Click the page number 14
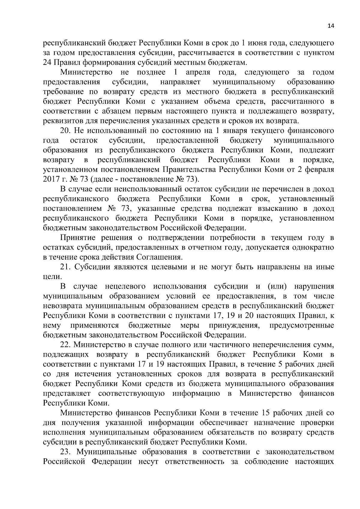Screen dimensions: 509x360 [x=331, y=26]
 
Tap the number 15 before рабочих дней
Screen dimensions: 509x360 [x=266, y=413]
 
